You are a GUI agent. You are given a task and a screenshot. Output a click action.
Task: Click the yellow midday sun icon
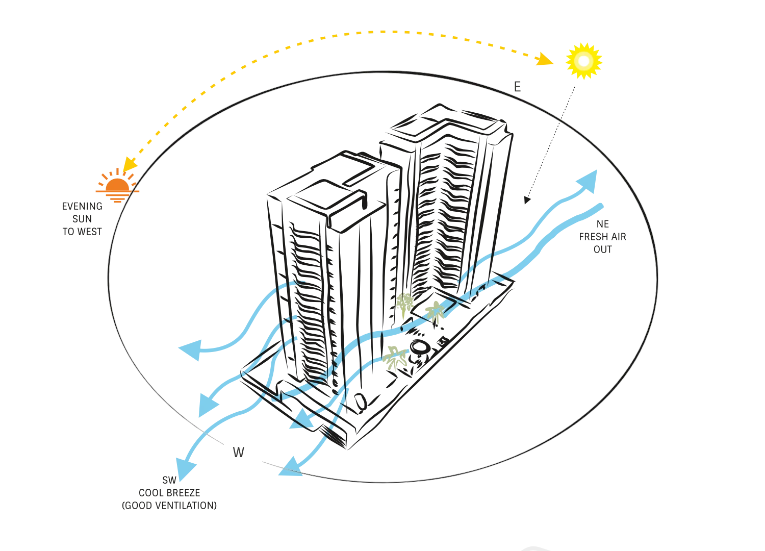click(583, 61)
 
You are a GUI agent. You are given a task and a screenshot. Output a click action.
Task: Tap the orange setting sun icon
click(117, 186)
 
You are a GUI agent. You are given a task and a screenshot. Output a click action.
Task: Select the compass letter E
click(518, 87)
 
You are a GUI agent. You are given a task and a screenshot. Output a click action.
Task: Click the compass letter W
click(238, 452)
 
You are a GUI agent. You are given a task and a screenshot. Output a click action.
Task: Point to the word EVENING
click(82, 206)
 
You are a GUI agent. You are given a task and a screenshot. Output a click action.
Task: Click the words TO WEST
click(82, 232)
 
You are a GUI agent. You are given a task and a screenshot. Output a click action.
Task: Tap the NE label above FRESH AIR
click(602, 224)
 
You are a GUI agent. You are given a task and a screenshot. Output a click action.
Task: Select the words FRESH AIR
click(602, 237)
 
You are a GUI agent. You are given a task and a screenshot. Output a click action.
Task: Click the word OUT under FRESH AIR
click(602, 249)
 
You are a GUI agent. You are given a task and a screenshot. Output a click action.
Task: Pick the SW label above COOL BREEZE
click(169, 480)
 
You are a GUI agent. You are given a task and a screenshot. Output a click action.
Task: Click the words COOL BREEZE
click(169, 493)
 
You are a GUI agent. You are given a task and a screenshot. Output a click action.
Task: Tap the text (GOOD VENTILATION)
click(169, 506)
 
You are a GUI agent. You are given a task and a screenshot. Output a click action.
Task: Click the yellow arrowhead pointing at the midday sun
click(544, 59)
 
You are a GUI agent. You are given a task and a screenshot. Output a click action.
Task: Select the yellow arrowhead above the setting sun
click(129, 165)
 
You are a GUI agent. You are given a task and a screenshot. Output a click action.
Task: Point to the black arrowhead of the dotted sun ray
click(527, 200)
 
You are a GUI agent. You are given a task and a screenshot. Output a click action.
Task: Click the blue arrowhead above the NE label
click(588, 181)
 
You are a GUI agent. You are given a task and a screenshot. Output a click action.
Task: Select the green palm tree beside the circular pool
click(395, 358)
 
